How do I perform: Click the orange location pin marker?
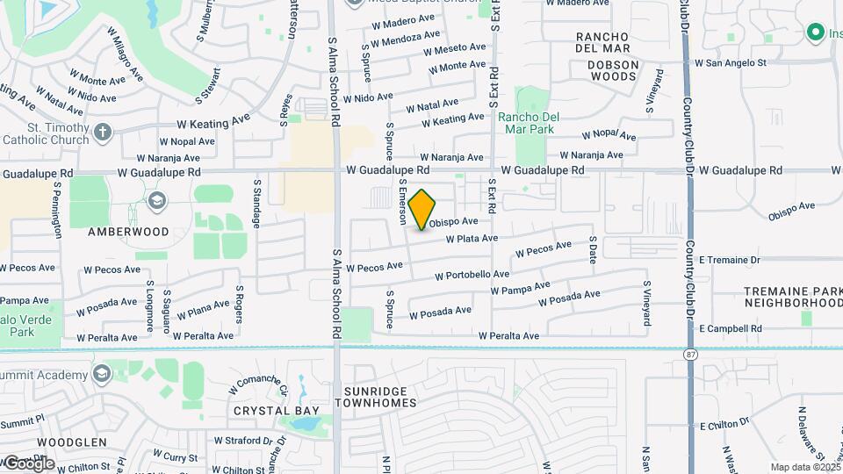(422, 209)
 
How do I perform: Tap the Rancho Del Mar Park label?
(528, 122)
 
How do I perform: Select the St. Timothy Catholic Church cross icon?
(103, 133)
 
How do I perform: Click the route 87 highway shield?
(691, 353)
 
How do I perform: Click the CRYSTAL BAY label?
(268, 410)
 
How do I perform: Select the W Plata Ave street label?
(472, 238)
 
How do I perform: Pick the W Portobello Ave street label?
(472, 275)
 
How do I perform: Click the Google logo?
(28, 463)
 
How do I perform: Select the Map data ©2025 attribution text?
(803, 467)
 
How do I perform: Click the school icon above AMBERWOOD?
(157, 201)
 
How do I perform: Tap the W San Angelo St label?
(731, 62)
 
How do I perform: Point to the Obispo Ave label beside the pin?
(453, 222)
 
